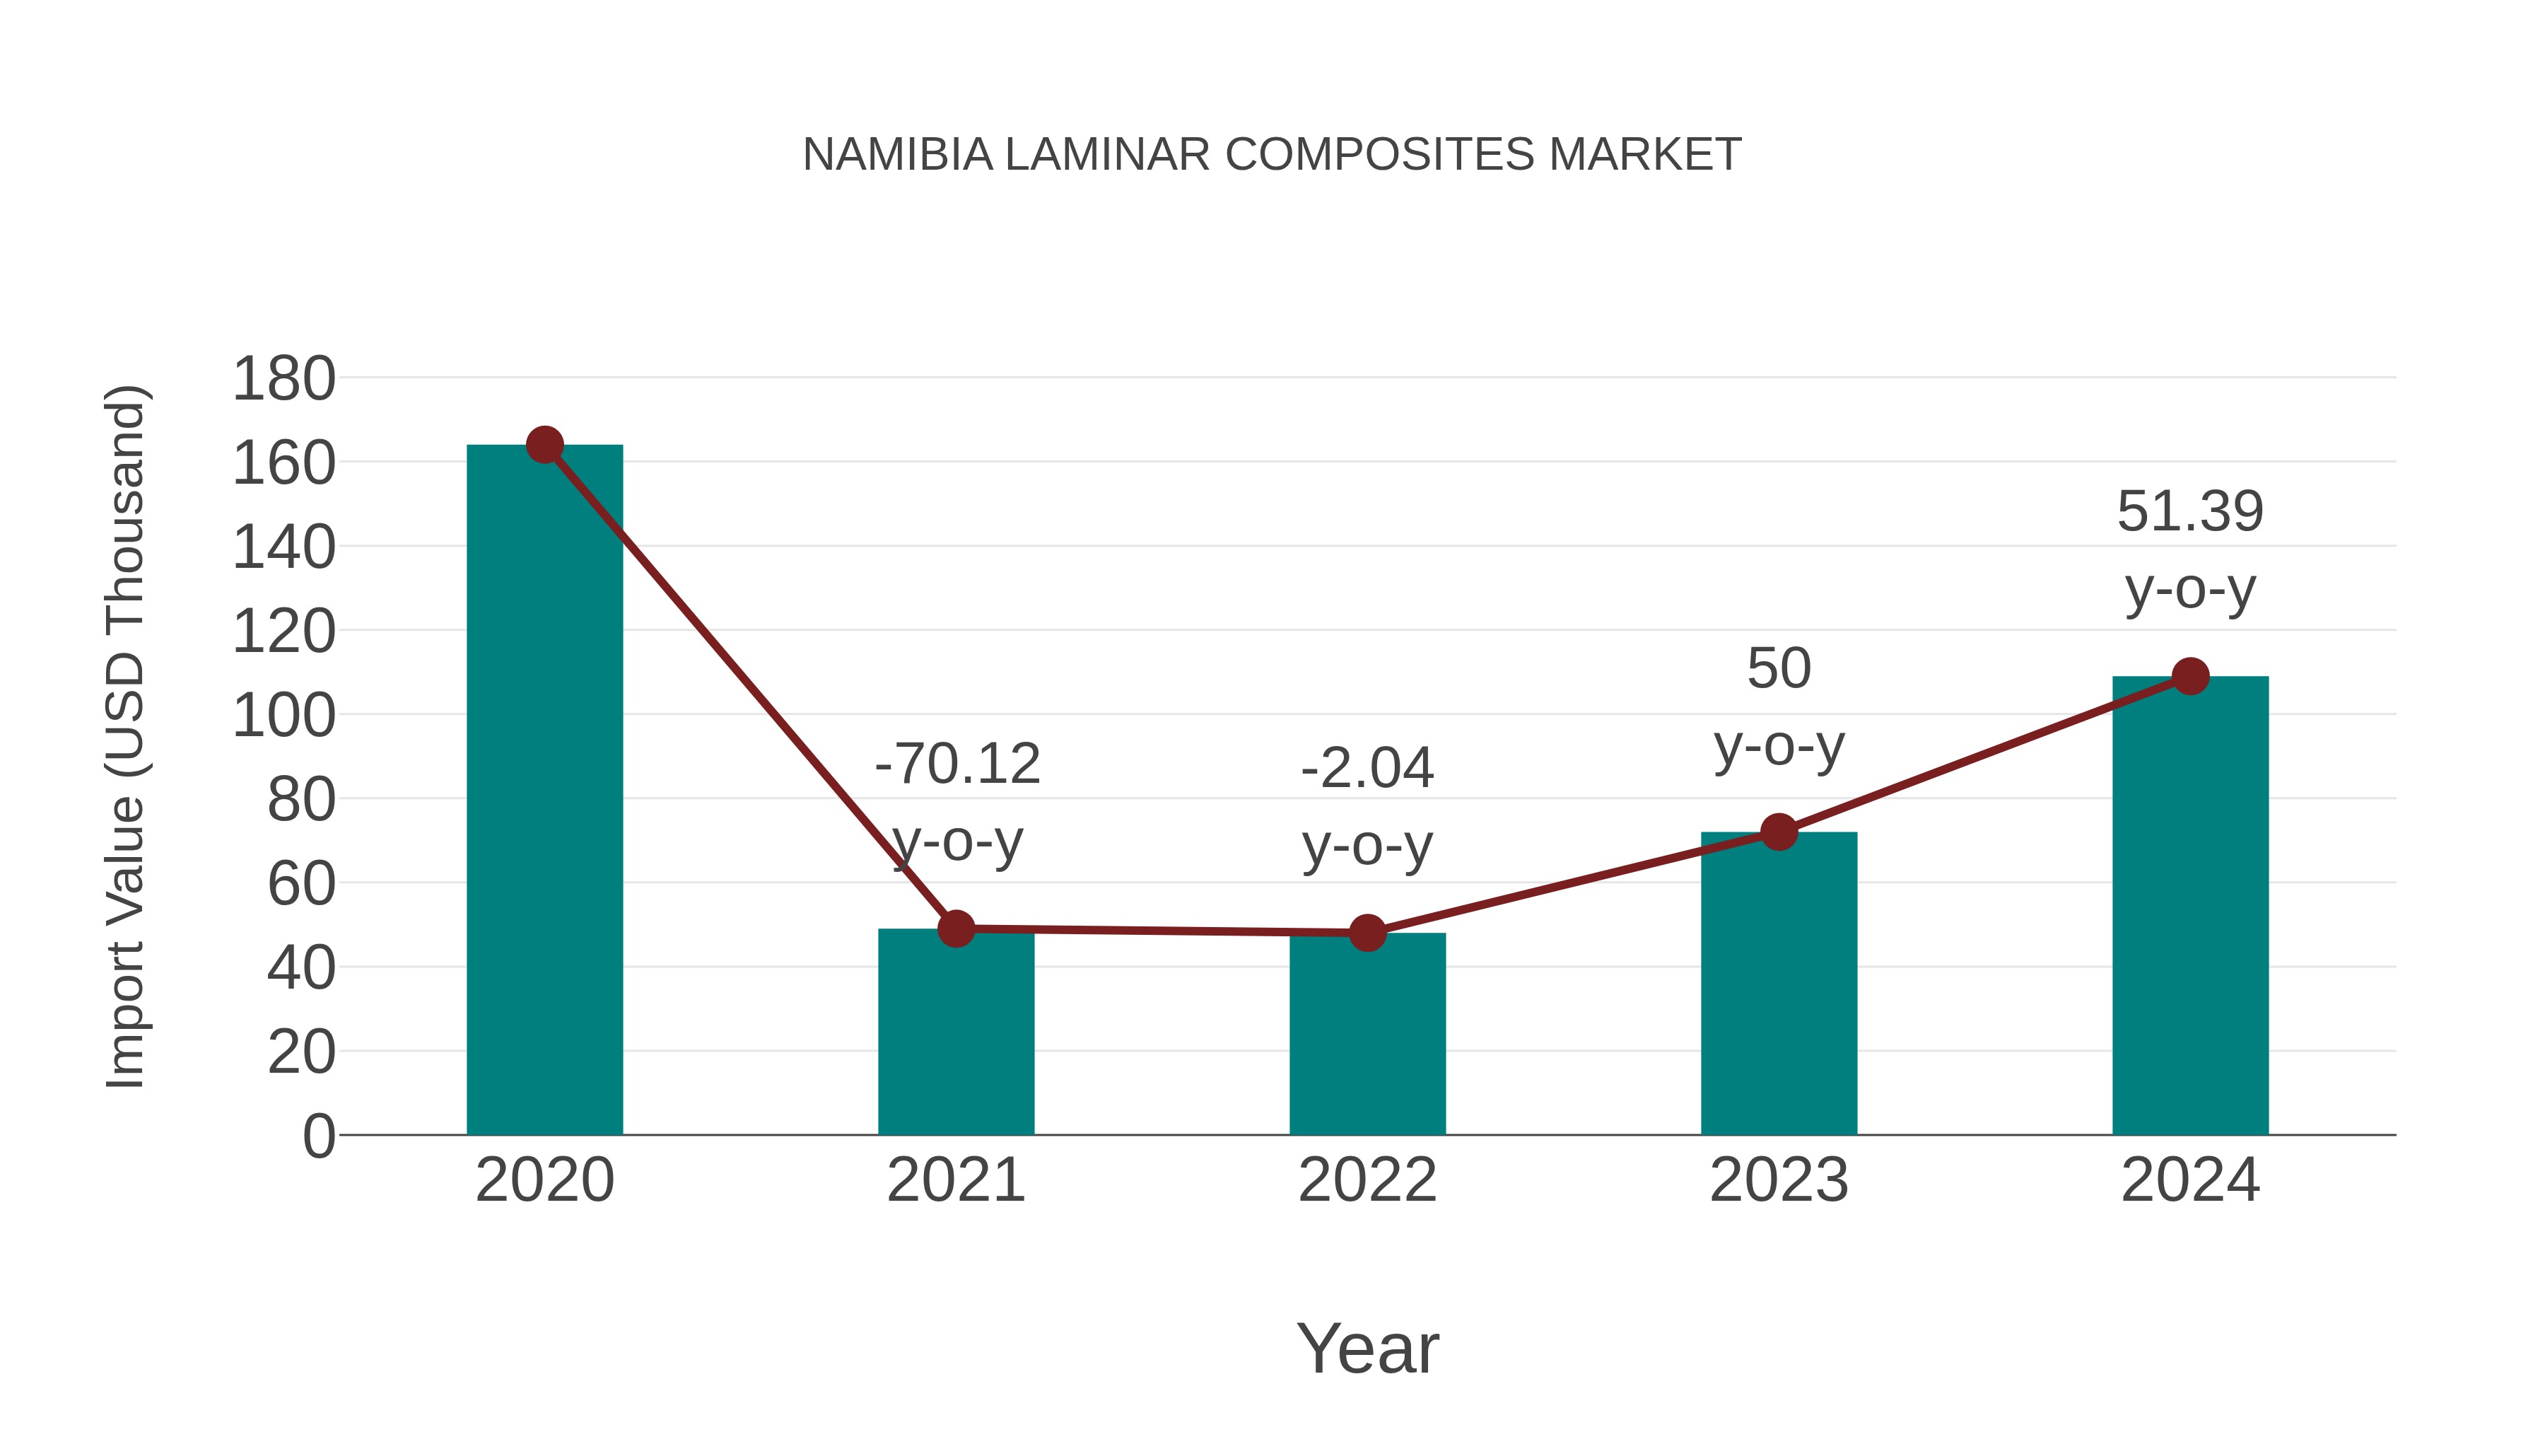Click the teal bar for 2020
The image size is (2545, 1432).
(544, 791)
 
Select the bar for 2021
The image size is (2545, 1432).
(955, 1032)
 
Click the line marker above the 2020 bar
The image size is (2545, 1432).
(544, 445)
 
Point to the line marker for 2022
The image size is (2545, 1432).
(1367, 932)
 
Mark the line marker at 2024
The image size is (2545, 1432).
(2190, 676)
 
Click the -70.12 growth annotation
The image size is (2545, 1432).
(957, 764)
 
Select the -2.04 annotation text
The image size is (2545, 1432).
(1367, 768)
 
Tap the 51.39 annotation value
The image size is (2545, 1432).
(2190, 512)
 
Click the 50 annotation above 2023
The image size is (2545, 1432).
(1779, 668)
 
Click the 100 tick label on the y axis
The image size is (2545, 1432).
(283, 716)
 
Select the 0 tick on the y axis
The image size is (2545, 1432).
(318, 1136)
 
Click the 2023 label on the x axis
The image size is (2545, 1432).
(1779, 1180)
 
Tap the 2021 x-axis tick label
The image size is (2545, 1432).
(955, 1180)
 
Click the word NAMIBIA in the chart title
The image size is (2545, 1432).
(897, 154)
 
